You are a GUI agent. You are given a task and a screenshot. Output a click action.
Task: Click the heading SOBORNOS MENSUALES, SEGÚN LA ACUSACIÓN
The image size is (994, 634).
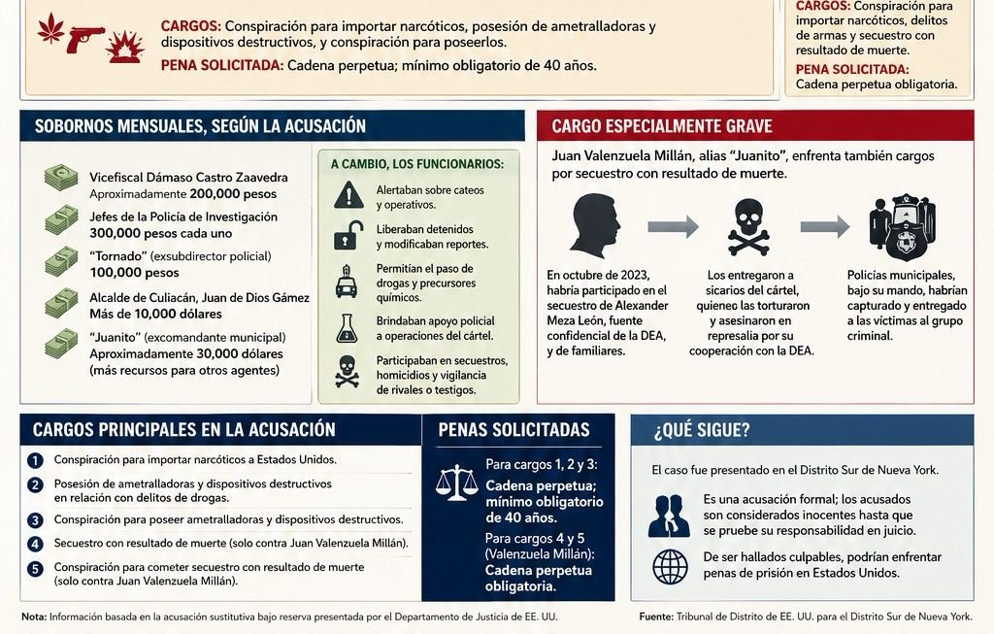point(200,126)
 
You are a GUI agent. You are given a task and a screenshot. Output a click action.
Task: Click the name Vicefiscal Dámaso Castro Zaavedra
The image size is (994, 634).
point(188,179)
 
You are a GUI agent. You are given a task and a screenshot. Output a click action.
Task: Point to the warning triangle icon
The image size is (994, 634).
point(348,196)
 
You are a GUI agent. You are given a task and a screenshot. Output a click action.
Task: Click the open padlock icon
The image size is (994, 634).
point(348,235)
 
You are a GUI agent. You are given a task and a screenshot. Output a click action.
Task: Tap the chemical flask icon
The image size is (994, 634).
point(348,327)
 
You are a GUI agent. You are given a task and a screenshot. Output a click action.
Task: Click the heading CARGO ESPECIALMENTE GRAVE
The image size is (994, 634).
point(662,126)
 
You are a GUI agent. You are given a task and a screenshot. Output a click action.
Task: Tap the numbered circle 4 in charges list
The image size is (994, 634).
point(36,544)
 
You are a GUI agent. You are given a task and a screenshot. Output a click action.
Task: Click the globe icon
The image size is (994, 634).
point(670,565)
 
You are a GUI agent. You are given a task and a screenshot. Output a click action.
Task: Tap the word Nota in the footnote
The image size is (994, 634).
point(33,617)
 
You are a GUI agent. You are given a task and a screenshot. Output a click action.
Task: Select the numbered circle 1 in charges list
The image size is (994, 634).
point(36,460)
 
